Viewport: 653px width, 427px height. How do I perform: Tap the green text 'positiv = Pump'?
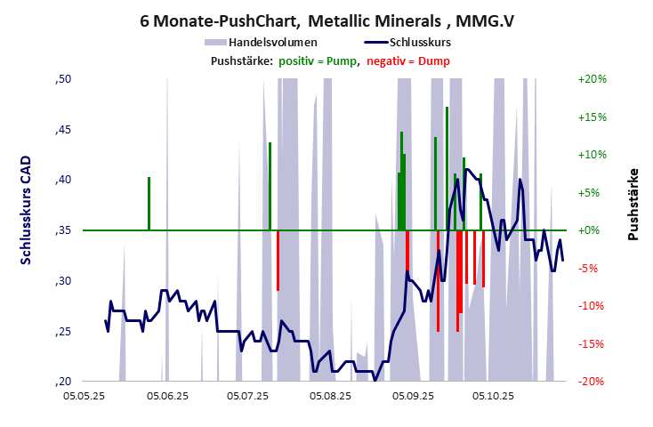click(x=318, y=60)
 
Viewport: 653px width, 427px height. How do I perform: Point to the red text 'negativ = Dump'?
click(x=407, y=60)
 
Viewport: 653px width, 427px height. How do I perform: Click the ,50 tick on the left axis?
click(x=63, y=79)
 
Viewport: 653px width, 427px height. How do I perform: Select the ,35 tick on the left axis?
click(x=63, y=230)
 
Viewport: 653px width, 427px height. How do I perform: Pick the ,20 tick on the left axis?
click(x=63, y=382)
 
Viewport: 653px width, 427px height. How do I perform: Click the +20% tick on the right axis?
click(x=592, y=79)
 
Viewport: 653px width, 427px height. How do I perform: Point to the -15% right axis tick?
click(x=592, y=344)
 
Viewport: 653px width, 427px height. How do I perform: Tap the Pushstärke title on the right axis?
click(x=633, y=204)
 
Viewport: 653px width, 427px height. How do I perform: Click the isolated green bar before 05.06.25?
click(x=149, y=204)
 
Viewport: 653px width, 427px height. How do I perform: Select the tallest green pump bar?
click(x=447, y=169)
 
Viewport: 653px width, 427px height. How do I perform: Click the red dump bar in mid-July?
click(x=278, y=260)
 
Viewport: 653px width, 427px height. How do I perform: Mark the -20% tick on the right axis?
click(x=592, y=382)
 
